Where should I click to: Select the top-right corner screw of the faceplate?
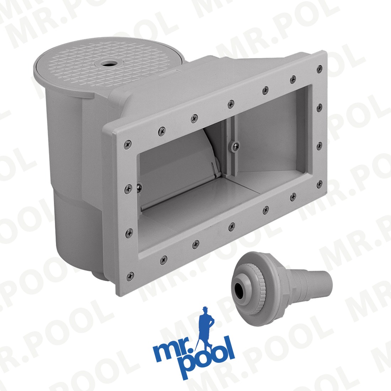[319, 68]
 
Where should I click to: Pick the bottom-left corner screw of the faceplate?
[131, 274]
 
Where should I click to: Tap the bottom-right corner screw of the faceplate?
[319, 184]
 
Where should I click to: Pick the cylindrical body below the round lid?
[68, 160]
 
